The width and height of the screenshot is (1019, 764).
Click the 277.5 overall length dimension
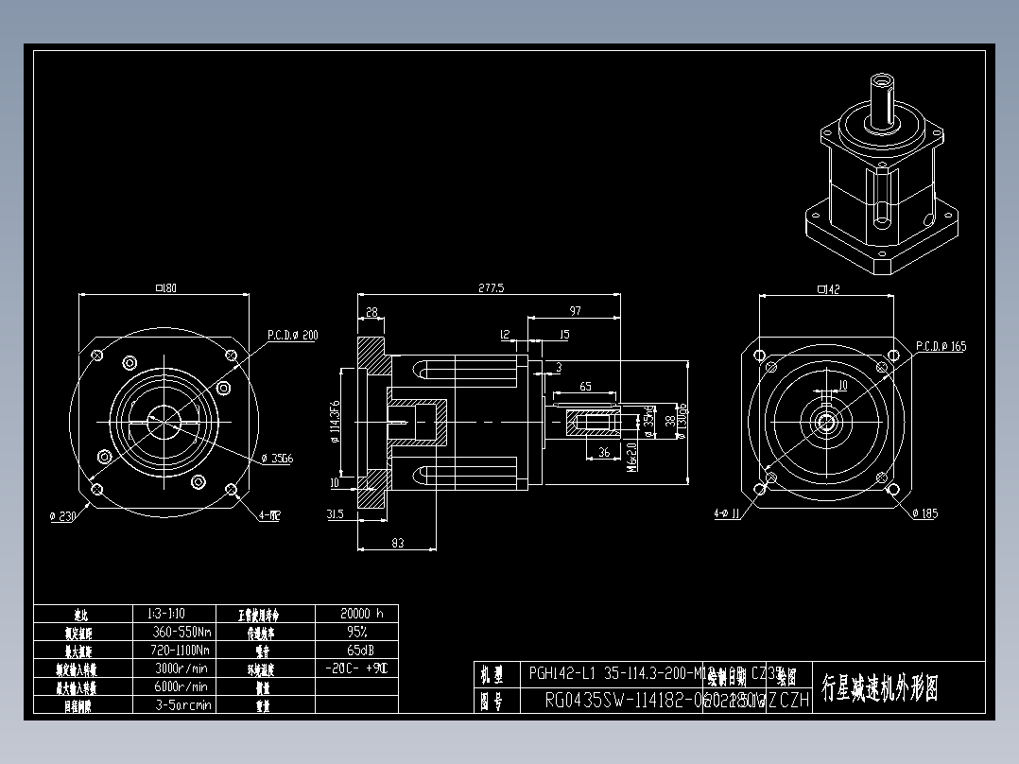492,287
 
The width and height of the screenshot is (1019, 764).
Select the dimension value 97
575,311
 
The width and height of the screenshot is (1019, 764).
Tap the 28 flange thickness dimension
371,311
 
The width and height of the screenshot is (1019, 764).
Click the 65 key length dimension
585,386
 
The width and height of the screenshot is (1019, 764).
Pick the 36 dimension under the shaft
604,452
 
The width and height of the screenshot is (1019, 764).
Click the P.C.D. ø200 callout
292,335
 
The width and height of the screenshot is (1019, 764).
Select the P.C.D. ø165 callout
941,346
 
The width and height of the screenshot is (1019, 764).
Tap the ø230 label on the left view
63,515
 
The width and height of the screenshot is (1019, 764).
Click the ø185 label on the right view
925,513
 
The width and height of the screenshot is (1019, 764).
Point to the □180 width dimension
164,287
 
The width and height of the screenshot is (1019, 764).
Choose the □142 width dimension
827,289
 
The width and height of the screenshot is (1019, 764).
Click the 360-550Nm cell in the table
181,632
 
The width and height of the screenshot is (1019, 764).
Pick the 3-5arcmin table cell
181,704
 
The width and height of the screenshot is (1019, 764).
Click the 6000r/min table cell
181,686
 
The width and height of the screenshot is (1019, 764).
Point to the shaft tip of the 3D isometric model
884,78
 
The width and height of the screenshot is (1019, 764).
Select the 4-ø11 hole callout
732,514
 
